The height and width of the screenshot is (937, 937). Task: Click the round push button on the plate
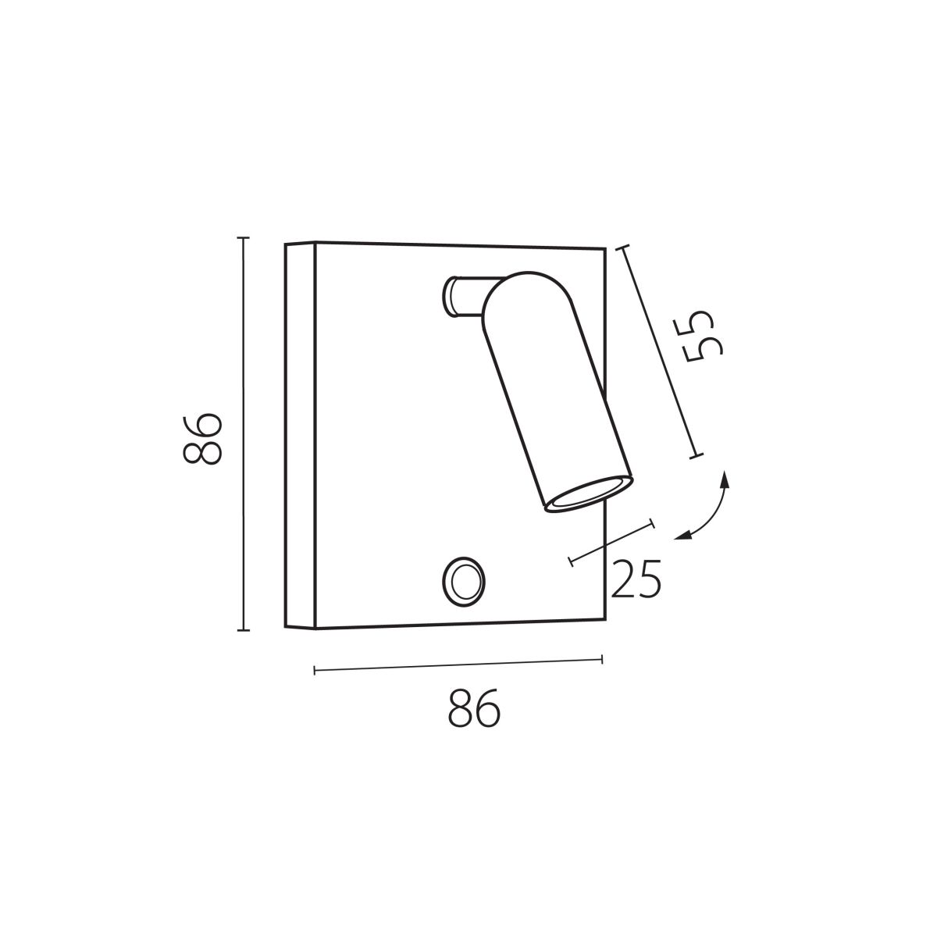(x=463, y=581)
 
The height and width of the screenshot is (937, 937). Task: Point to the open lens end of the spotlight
(x=589, y=493)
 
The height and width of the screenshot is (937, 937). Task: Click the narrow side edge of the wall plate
(x=300, y=435)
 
